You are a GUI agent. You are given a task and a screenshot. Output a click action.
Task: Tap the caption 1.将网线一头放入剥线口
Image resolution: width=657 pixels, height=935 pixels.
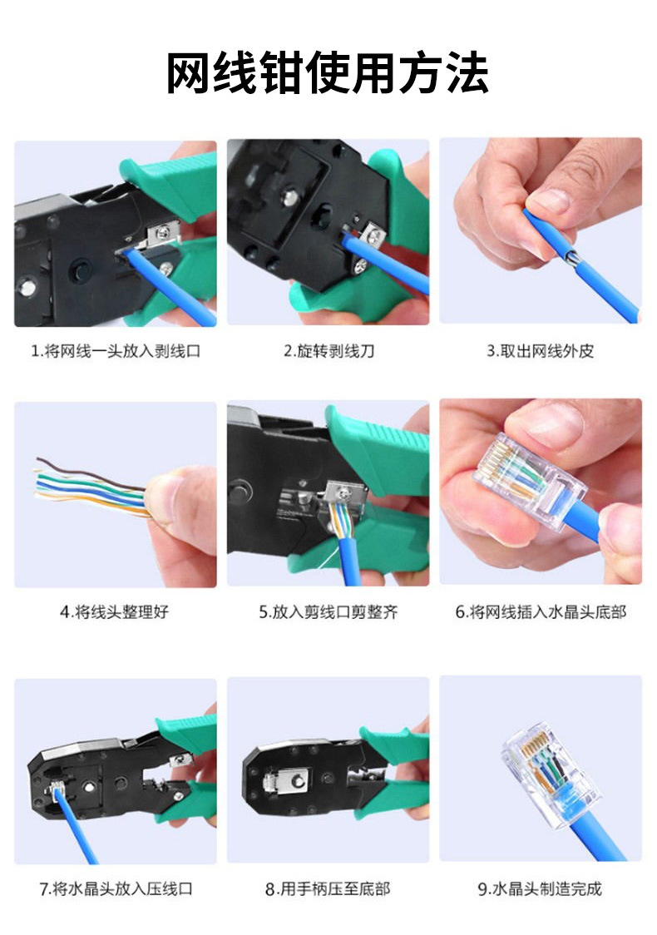coord(116,350)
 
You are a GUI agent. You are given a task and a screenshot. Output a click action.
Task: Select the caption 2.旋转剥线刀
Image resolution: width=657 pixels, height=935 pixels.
coord(328,350)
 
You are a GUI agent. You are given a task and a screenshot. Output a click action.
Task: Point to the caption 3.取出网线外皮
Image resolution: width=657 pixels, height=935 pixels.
coord(541,350)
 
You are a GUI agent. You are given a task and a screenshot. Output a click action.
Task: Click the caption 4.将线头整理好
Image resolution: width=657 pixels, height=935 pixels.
coord(115,611)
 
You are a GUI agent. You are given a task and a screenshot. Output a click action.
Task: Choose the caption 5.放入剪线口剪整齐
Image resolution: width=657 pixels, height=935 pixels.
coord(328,611)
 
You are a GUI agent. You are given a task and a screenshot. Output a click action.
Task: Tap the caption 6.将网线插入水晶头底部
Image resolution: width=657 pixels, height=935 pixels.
coord(541,611)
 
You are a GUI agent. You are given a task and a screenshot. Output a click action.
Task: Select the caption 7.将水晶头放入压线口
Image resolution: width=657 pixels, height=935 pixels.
coord(116,888)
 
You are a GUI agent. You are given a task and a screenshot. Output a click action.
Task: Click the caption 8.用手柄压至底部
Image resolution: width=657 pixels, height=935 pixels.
coord(328,888)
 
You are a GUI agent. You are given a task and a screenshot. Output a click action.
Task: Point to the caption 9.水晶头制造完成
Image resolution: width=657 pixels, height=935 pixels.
coord(540,888)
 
